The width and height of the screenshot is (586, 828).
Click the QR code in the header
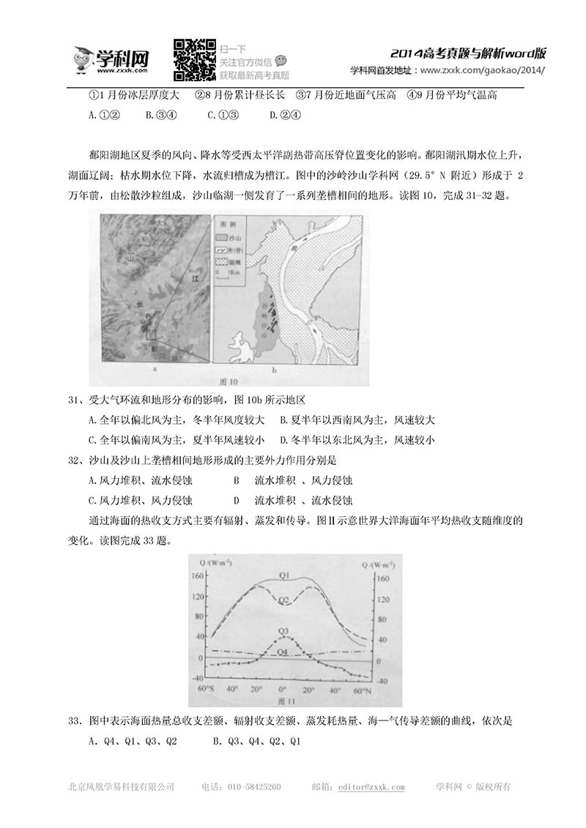[x=193, y=59]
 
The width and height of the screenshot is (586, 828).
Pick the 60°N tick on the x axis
[x=360, y=690]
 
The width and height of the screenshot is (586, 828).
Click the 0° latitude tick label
[x=282, y=690]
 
